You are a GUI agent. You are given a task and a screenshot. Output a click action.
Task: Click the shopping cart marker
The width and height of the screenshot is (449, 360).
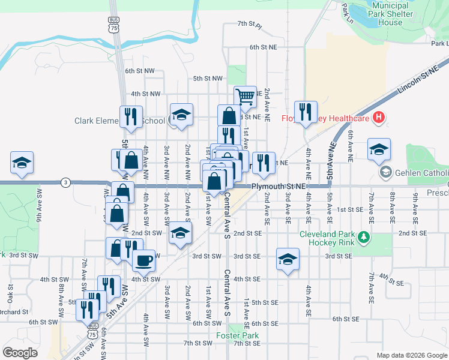point(245,96)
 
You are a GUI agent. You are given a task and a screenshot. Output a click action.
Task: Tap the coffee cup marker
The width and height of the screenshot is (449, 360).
point(143,261)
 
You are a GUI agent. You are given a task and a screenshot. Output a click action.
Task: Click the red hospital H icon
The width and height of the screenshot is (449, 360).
point(378,117)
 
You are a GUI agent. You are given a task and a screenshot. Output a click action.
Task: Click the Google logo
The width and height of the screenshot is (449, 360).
point(20,353)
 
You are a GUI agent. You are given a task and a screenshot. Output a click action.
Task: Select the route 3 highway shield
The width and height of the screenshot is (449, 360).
point(65,182)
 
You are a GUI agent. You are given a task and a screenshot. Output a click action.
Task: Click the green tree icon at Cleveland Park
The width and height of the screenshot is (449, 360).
point(363,238)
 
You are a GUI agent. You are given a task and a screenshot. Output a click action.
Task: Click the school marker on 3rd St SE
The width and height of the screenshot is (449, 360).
point(288,259)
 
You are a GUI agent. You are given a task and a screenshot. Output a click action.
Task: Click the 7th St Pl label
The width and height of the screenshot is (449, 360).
point(250,24)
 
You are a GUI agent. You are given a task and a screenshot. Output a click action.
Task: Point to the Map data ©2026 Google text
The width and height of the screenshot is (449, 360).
point(411,355)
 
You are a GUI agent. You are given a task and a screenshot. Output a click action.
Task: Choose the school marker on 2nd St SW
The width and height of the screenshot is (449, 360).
point(179,233)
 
